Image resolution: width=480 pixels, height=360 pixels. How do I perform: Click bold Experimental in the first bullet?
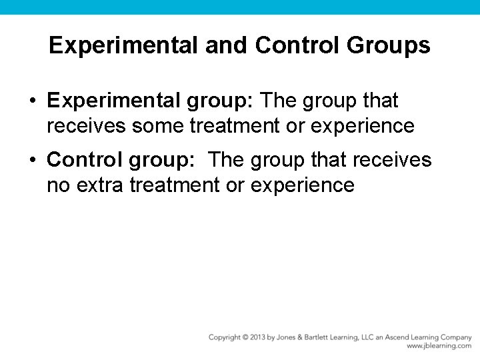pos(113,101)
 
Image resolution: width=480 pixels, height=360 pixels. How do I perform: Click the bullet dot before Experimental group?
pos(32,101)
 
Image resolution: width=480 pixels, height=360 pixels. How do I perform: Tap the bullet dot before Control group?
pos(32,161)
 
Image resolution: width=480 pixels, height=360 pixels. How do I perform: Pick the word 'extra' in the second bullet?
pos(100,184)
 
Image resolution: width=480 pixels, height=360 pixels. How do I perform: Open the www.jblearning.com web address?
pos(439,346)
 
